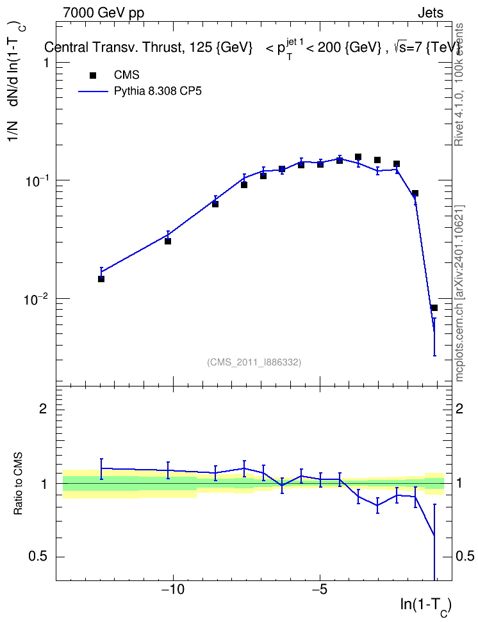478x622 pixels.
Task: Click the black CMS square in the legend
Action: [93, 75]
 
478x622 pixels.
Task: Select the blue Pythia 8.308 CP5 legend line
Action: [93, 92]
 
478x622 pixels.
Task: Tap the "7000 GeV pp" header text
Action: [103, 13]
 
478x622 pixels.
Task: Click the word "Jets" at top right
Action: [431, 13]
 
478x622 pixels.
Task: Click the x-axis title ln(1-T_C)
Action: [425, 606]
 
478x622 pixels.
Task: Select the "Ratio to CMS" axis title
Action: [18, 484]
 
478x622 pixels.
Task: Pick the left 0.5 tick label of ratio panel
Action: [38, 557]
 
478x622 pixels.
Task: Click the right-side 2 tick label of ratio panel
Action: [459, 408]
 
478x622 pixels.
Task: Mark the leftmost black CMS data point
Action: [101, 279]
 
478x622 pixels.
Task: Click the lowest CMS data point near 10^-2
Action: [434, 308]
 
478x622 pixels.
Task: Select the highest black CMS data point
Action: [358, 157]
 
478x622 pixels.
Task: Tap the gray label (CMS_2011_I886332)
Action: [254, 362]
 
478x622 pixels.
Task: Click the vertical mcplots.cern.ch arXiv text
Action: [459, 294]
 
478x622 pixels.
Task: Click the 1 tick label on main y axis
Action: [45, 63]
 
